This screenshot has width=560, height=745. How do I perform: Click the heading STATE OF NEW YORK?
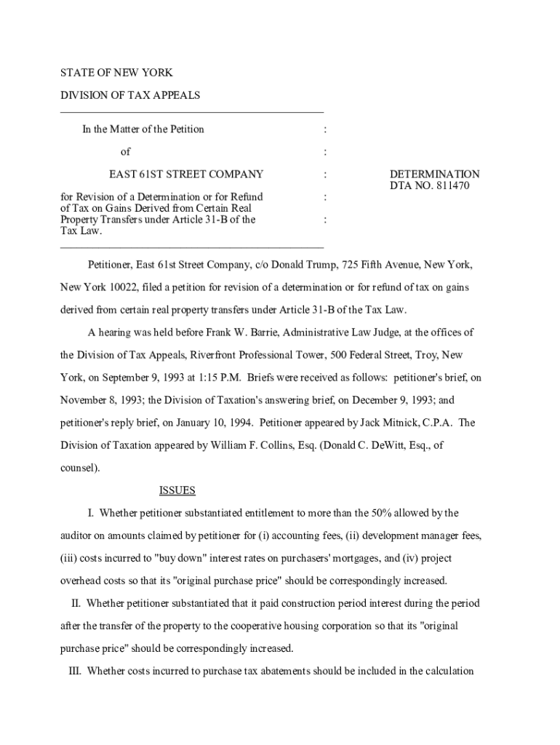tap(116, 73)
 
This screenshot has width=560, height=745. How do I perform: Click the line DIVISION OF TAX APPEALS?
tap(129, 95)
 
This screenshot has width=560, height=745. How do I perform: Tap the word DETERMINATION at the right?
tap(434, 175)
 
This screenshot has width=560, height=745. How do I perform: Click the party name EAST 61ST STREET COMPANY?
tap(186, 175)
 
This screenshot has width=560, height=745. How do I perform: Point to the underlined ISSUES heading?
tap(177, 490)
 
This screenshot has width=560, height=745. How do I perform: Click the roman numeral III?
tap(73, 672)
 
